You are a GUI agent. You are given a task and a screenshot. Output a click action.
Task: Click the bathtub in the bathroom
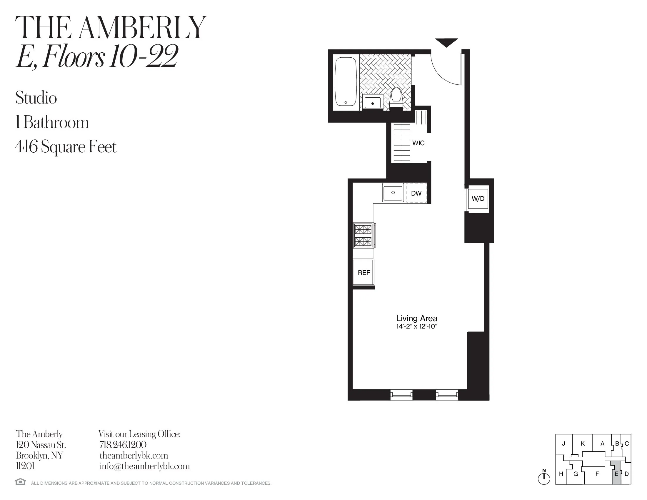(346, 81)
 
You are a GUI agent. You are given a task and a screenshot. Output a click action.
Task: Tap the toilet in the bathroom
(396, 97)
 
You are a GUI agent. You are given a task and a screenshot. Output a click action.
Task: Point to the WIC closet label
(418, 143)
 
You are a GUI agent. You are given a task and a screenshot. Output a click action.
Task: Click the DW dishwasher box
(416, 193)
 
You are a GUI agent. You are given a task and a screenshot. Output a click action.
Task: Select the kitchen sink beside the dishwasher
(393, 193)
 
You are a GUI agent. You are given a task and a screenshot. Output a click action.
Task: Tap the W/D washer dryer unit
(478, 199)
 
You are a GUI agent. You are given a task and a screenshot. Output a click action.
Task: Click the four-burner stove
(363, 236)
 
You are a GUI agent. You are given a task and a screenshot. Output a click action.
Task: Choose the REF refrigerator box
(363, 273)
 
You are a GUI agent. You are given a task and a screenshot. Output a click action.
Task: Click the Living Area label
(416, 319)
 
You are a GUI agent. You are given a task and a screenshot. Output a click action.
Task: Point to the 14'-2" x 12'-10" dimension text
(416, 327)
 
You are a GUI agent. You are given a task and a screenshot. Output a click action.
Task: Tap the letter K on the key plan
(583, 444)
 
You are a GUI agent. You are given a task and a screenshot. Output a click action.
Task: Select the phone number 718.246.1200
(123, 445)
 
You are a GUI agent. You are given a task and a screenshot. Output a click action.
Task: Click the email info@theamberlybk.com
(145, 466)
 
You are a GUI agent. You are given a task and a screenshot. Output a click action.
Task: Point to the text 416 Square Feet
(66, 147)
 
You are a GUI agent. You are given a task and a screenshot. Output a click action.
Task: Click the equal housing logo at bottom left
(21, 482)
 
